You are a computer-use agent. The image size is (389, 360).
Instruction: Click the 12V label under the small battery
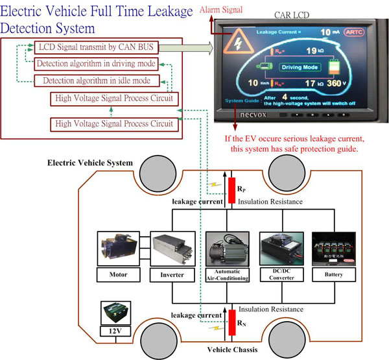click(x=115, y=331)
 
